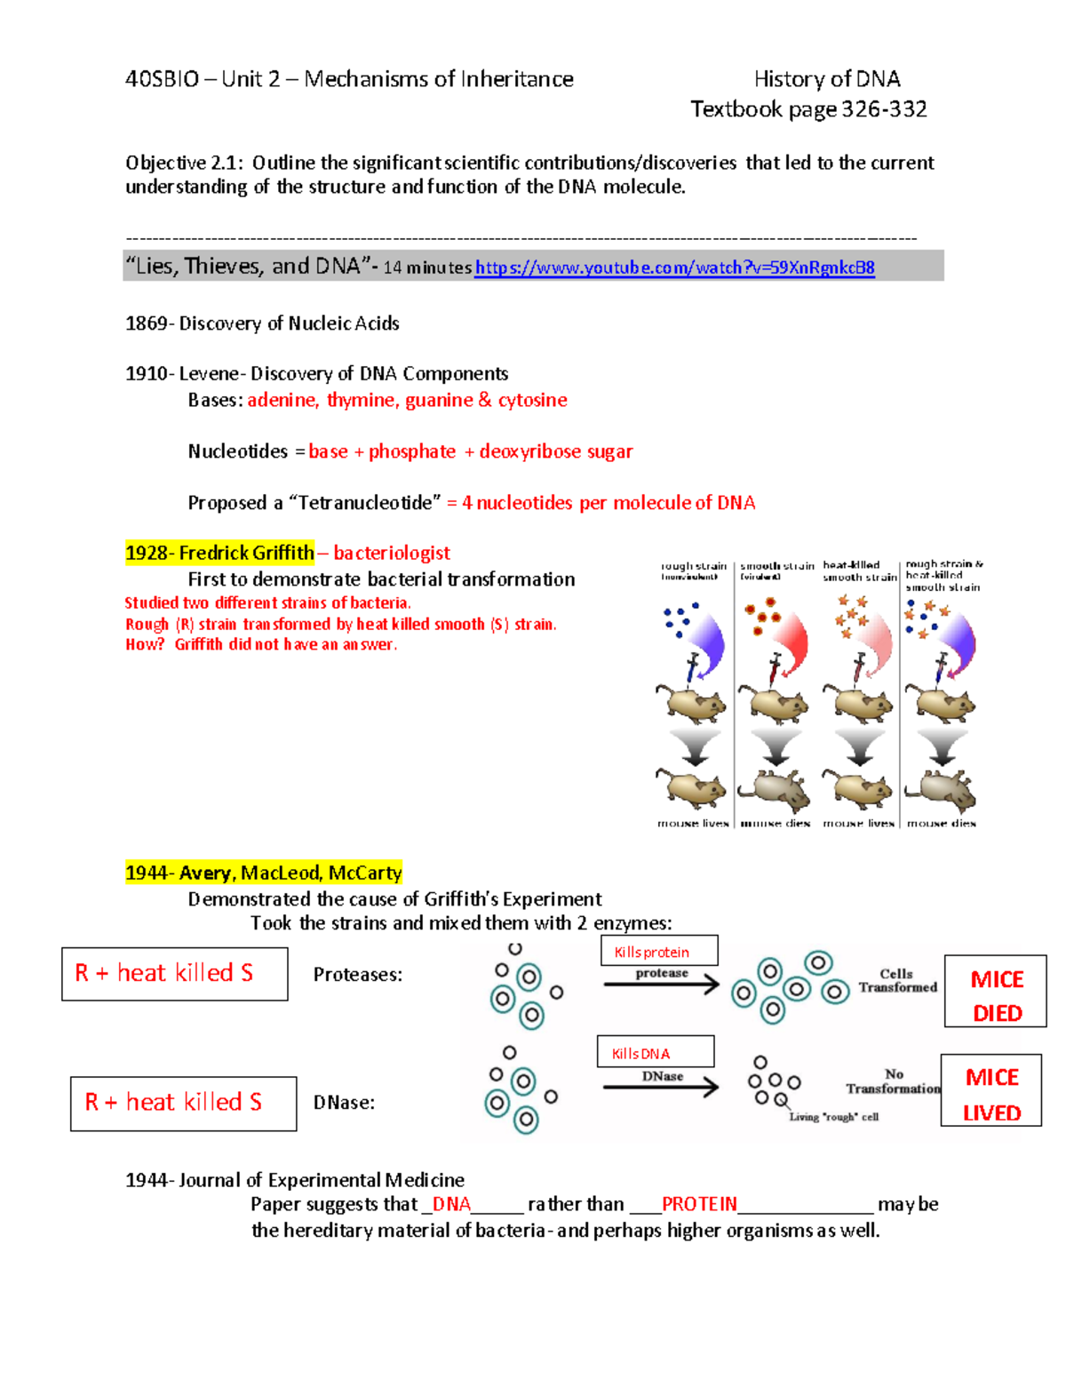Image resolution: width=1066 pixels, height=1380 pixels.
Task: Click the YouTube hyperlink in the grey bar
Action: click(674, 267)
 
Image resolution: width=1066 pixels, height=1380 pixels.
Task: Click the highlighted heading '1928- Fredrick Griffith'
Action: click(219, 553)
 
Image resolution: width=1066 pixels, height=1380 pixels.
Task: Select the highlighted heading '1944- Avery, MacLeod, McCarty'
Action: click(264, 873)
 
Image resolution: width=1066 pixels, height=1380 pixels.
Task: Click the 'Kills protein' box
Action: click(658, 951)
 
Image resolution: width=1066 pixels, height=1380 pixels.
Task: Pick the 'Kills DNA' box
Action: click(655, 1052)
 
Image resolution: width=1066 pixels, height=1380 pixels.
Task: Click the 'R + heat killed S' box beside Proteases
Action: click(174, 974)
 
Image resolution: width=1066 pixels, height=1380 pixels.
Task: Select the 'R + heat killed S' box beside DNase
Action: click(183, 1104)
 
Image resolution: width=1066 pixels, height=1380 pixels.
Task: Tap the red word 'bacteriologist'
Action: click(392, 553)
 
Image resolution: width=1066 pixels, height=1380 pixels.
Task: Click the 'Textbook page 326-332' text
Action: click(808, 109)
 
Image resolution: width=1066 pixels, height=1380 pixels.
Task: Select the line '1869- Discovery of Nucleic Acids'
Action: click(262, 323)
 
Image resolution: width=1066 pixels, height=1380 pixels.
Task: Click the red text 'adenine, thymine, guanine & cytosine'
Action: click(407, 400)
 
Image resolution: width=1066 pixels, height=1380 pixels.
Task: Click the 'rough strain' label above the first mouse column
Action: click(693, 566)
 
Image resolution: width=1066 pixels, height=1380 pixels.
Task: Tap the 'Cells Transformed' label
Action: click(897, 980)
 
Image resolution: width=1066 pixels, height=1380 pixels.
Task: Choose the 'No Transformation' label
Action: click(893, 1081)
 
